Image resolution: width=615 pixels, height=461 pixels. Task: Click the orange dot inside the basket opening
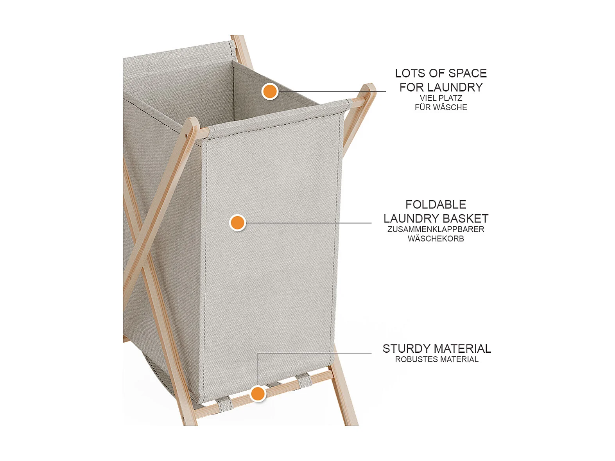270,91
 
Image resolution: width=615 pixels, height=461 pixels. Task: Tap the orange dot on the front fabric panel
238,223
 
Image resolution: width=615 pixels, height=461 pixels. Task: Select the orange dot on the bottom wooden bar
258,394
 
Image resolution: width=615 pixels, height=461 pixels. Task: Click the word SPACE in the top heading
468,74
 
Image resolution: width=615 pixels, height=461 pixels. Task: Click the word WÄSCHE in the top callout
451,108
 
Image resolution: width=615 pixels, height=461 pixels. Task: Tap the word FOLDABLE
436,204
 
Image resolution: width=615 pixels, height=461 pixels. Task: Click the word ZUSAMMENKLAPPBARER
436,229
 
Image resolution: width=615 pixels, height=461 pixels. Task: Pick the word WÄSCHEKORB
436,239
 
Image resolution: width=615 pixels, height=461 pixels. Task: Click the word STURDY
404,349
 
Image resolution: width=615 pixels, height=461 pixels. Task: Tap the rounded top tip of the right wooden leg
369,86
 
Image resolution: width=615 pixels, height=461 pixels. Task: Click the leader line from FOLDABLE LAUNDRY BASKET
308,223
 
